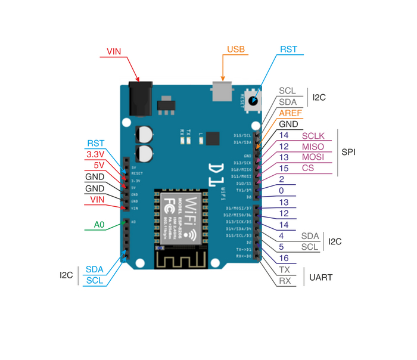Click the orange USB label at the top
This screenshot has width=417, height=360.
pos(236,49)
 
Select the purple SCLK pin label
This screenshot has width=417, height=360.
pos(313,136)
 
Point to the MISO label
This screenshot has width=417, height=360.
pos(313,147)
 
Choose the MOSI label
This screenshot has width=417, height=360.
pos(313,157)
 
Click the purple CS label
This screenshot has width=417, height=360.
pos(308,168)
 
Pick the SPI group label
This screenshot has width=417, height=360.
pos(349,152)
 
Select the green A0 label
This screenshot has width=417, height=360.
pos(99,225)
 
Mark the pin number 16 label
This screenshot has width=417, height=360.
pos(284,259)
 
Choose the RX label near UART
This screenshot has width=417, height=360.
pos(285,281)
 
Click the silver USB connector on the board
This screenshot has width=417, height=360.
pos(222,92)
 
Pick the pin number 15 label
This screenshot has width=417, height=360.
pos(284,168)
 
